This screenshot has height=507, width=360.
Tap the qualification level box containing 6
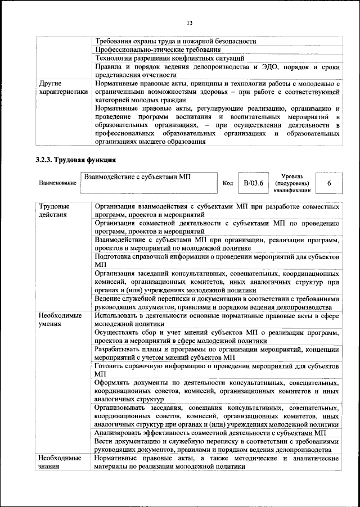point(328,183)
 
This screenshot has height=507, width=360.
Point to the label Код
point(228,183)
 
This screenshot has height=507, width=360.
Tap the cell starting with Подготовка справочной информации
point(217,260)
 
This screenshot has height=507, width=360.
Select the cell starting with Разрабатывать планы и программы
point(217,353)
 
